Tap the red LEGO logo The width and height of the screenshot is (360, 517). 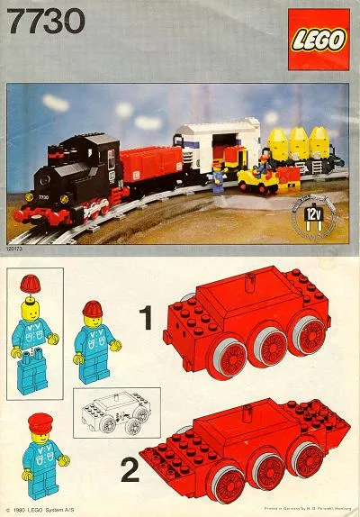tap(317, 41)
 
